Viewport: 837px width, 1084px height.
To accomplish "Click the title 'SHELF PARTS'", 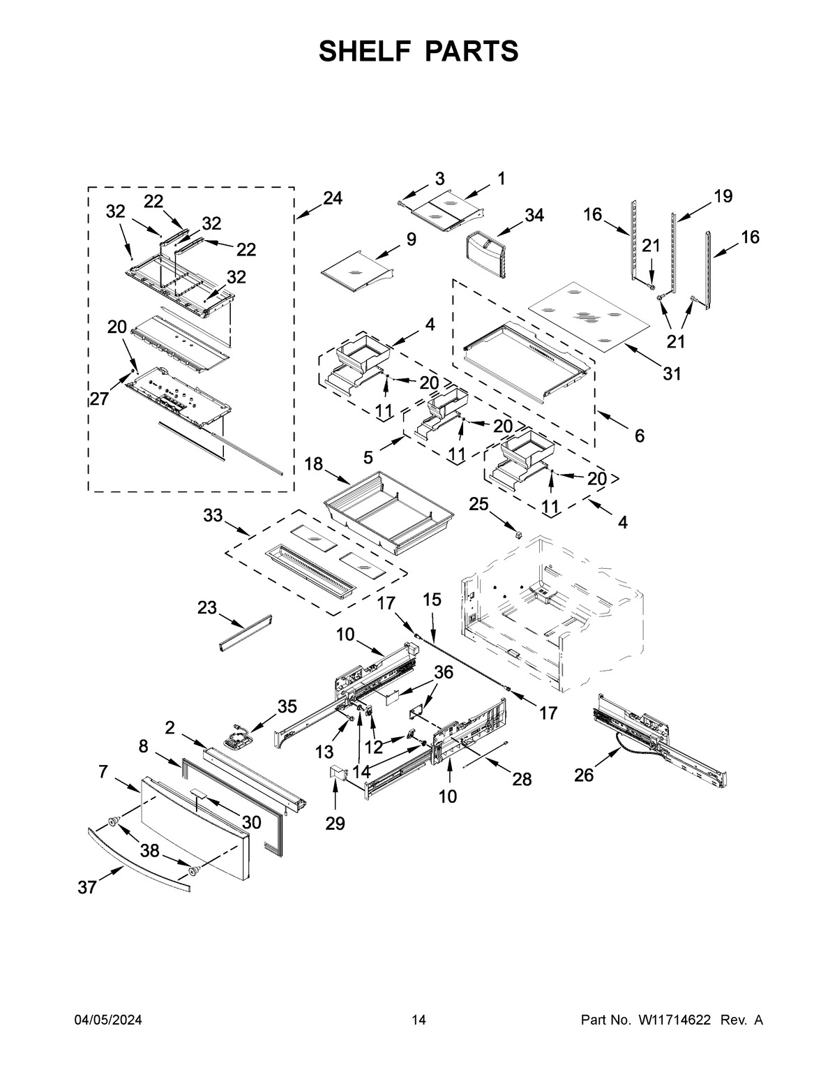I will pos(418,52).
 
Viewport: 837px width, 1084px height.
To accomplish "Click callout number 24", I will pos(332,198).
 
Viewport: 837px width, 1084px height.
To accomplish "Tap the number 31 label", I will pos(671,374).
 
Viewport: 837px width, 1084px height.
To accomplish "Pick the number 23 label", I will pos(207,608).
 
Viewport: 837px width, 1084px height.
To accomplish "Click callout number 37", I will pos(86,887).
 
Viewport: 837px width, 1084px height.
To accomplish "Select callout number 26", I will pos(584,775).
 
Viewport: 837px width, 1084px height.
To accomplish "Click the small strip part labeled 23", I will pos(245,631).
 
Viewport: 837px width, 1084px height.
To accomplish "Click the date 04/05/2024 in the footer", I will pos(108,1020).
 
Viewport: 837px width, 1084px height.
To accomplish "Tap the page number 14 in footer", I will pos(418,1020).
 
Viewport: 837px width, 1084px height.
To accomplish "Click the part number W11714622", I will pos(674,1020).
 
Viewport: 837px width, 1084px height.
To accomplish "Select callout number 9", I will pos(411,239).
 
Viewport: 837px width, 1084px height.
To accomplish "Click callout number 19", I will pos(723,196).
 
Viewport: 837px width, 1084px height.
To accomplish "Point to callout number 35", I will pos(287,706).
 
